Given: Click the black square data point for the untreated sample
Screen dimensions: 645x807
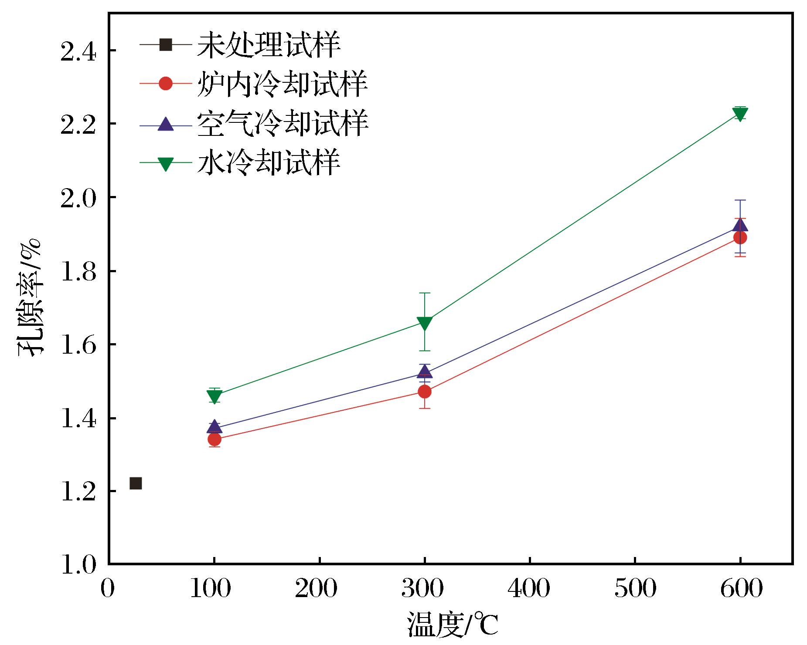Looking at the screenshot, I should click(136, 483).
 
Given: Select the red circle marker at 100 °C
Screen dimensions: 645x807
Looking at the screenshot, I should click(214, 439).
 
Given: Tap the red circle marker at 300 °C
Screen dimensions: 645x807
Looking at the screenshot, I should click(424, 392).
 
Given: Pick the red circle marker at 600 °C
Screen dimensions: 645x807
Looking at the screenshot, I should click(740, 237).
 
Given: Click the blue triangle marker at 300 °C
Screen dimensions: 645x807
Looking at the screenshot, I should click(424, 371).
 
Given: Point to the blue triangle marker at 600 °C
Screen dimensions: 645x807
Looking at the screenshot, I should click(740, 226).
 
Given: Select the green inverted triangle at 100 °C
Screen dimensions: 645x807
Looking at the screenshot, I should click(214, 396).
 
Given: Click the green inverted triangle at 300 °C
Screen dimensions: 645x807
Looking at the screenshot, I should click(424, 323).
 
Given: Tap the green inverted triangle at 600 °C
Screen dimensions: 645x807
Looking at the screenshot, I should click(740, 114).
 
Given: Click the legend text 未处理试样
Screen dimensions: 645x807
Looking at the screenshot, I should click(269, 45).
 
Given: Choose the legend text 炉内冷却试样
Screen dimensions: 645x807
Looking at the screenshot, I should click(282, 83).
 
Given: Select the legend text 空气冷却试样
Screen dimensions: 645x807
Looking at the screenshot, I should click(282, 124).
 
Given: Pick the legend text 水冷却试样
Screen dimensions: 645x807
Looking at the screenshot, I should click(269, 162).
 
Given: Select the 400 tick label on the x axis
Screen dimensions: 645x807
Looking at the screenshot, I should click(529, 588).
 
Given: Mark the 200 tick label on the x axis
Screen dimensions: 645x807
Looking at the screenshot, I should click(316, 588).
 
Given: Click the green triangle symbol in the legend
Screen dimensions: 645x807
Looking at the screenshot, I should click(166, 163).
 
